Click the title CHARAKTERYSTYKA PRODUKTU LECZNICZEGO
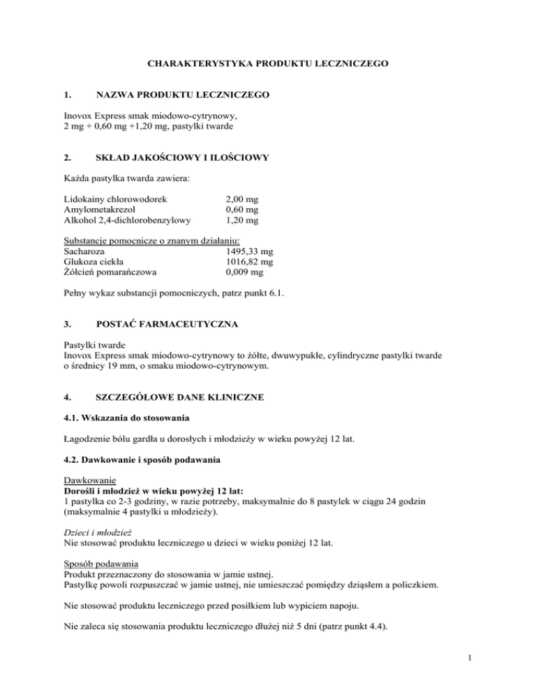pos(268,64)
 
